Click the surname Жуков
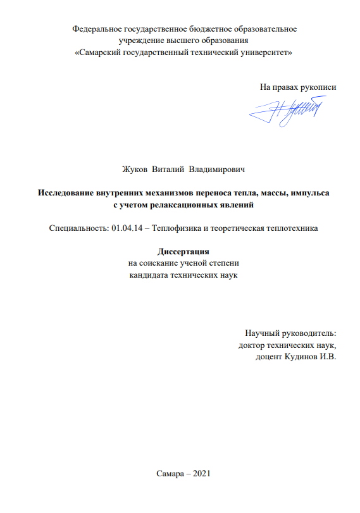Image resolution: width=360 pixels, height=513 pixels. click(x=135, y=170)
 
